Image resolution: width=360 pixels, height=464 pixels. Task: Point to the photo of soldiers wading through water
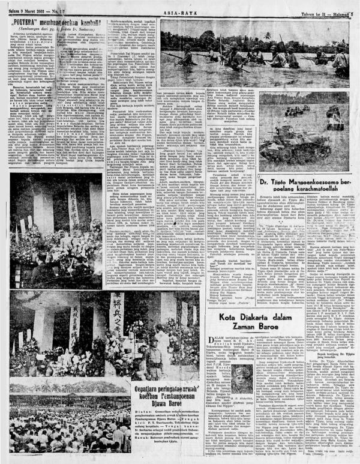tap(252, 57)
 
